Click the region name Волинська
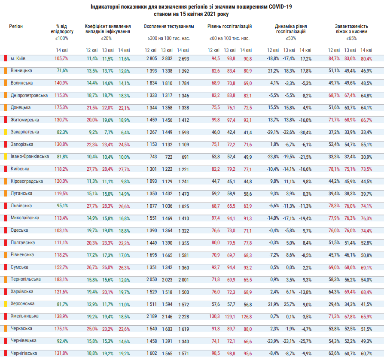tap(21, 83)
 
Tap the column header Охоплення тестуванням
tap(169, 26)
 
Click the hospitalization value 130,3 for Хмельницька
tap(214, 317)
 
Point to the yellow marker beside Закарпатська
tap(5, 132)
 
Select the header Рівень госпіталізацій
tap(229, 26)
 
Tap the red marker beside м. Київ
tap(5, 58)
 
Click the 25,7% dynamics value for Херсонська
tap(289, 304)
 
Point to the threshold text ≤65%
tap(351, 38)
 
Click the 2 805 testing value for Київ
tap(151, 58)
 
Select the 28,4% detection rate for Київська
tap(107, 169)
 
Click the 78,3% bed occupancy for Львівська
tap(334, 206)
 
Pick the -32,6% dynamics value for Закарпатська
tap(289, 132)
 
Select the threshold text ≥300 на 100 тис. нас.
tap(169, 38)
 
